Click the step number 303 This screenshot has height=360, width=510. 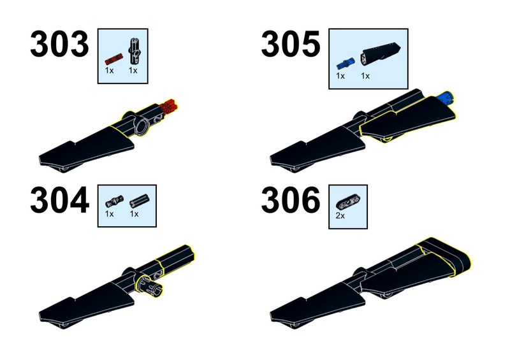59,44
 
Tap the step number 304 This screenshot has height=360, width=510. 59,200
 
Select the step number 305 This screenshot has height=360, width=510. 291,44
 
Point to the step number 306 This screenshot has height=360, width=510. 291,200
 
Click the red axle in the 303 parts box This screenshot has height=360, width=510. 114,59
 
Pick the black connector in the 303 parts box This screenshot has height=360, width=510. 135,52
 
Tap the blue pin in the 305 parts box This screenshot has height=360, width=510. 345,64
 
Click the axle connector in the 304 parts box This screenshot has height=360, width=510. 139,201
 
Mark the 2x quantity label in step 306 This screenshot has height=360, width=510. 340,215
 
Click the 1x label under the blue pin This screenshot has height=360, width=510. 340,76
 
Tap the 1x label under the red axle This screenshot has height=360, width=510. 109,70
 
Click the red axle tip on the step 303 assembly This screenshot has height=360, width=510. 169,106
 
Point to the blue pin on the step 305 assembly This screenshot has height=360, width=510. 446,97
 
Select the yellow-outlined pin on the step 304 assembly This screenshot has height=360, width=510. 149,285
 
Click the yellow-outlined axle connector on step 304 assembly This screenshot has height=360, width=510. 175,257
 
